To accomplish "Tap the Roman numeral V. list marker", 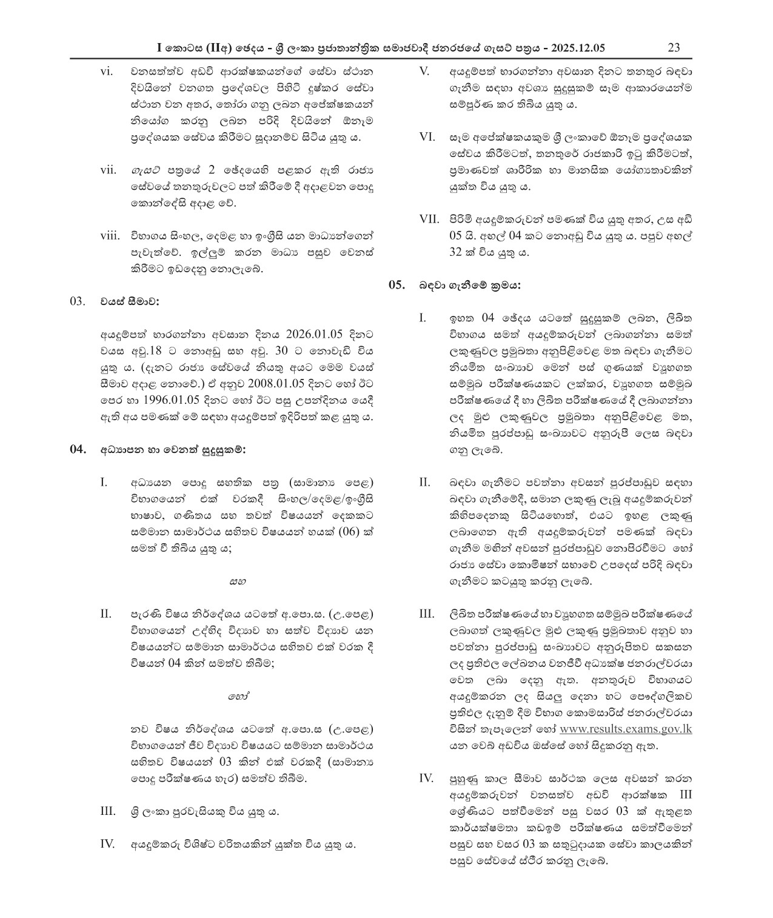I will point(424,72).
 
